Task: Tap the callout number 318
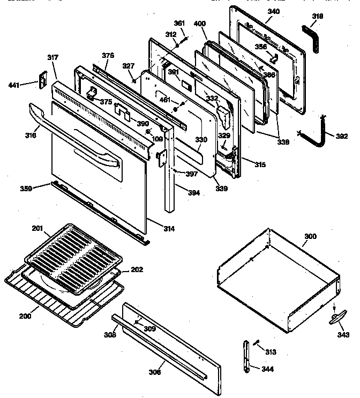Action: click(x=318, y=17)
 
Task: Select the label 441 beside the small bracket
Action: click(x=14, y=85)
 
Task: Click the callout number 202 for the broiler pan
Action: click(x=137, y=270)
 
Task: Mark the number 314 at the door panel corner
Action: click(x=168, y=229)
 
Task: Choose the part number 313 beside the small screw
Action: click(x=271, y=352)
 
